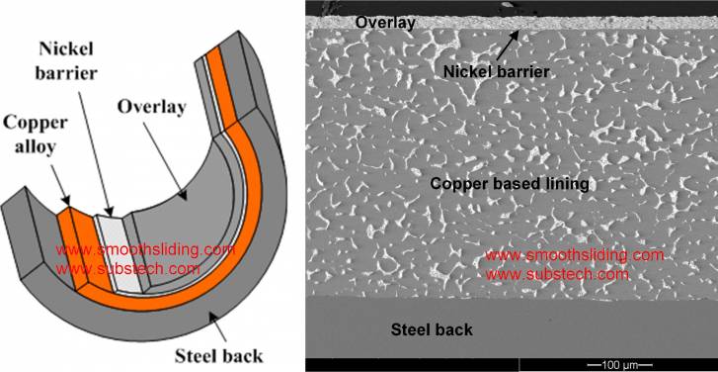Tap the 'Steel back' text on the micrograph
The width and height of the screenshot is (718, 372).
[432, 329]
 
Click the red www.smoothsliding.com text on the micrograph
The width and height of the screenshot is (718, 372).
[576, 256]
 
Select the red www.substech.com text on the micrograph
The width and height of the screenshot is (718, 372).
[558, 273]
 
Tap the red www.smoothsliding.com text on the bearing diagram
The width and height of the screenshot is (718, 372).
[145, 249]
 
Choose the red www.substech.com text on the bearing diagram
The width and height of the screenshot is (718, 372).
[128, 267]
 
